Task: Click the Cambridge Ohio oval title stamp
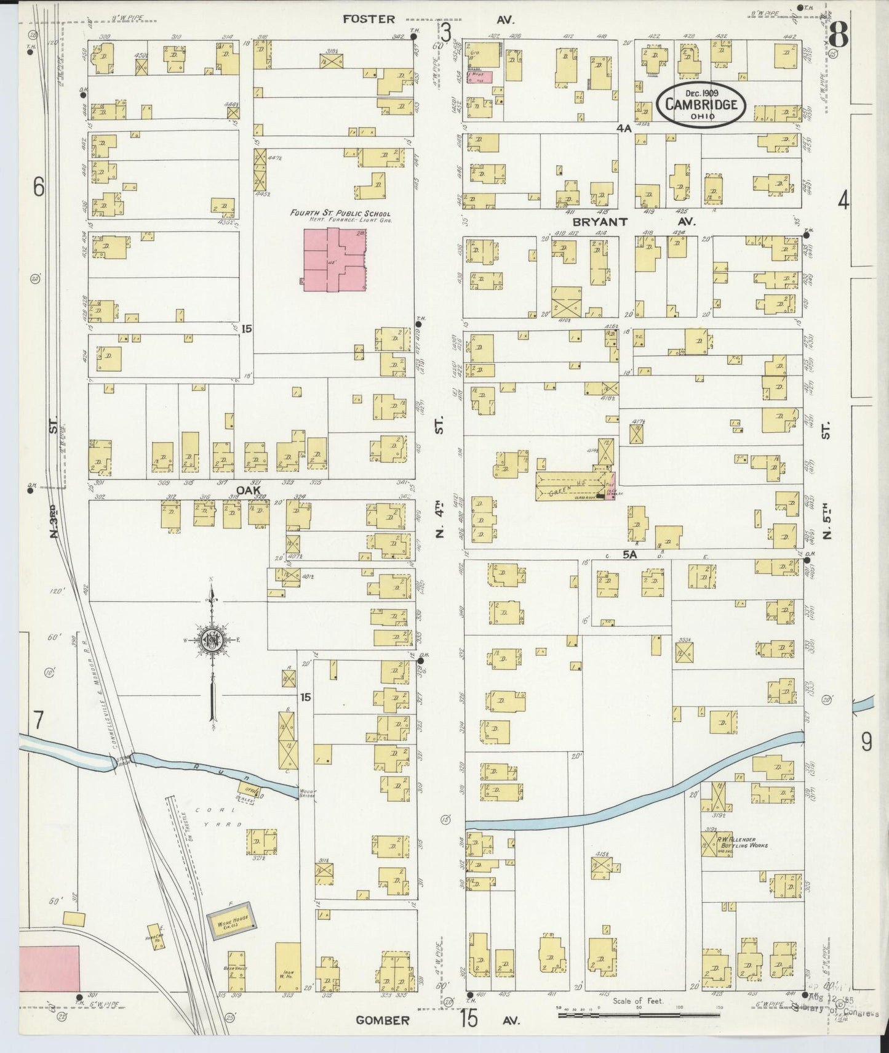[x=701, y=104]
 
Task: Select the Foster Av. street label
[x=369, y=19]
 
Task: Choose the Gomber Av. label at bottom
[x=383, y=1020]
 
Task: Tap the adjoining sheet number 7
[x=38, y=718]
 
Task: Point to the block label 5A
[x=629, y=555]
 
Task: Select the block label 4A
[x=624, y=128]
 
